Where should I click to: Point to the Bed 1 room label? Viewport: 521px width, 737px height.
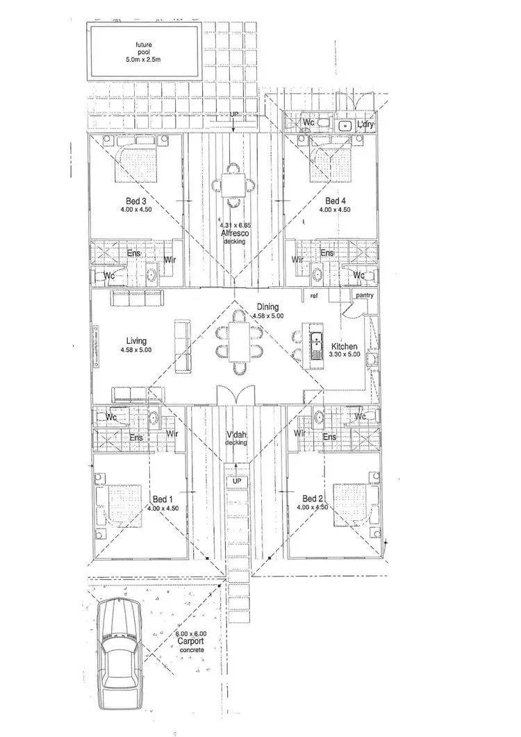coord(160,499)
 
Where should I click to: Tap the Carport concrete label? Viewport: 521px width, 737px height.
coord(190,642)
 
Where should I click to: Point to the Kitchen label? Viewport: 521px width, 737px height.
coord(345,347)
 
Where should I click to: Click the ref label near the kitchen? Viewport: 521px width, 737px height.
coord(314,297)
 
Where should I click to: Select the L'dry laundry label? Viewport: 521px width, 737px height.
coord(365,125)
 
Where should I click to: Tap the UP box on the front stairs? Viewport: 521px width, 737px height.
coord(236,481)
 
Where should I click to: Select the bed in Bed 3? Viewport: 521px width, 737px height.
coord(135,162)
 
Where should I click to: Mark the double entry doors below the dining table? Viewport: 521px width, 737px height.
coord(237,395)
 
